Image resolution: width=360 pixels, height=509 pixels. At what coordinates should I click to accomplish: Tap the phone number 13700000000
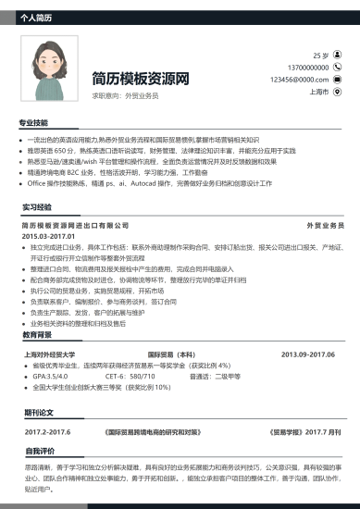click(x=308, y=68)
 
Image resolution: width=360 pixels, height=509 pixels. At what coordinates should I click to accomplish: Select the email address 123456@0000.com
click(x=299, y=80)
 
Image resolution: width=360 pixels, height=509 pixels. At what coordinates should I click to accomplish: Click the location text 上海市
click(x=319, y=92)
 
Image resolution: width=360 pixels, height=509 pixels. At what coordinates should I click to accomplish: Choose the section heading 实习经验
click(x=38, y=207)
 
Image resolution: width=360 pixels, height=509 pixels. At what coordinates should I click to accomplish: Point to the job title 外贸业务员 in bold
click(x=325, y=226)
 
